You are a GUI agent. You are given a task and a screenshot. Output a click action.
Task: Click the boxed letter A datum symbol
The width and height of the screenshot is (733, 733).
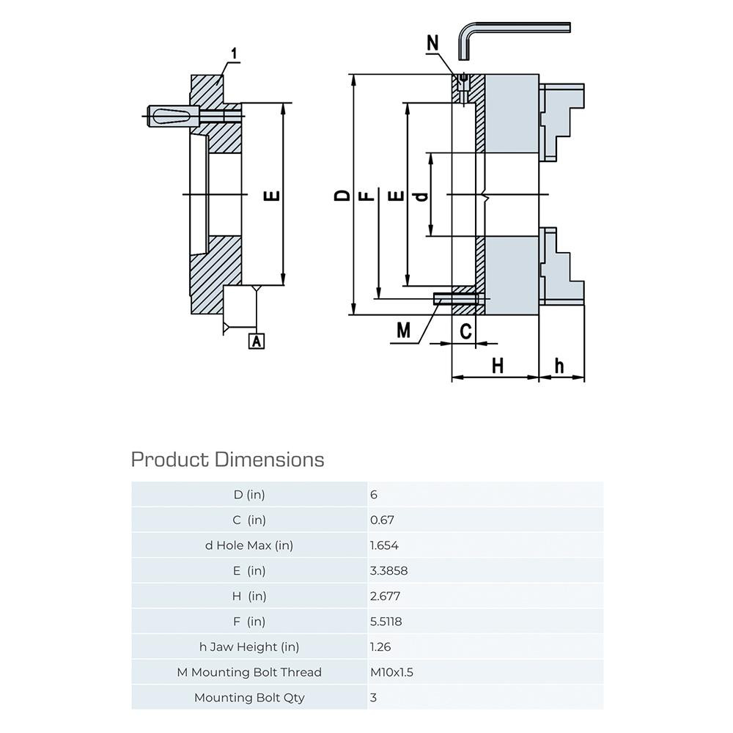click(257, 341)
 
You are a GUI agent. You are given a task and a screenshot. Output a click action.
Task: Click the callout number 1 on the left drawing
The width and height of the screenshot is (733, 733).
click(234, 54)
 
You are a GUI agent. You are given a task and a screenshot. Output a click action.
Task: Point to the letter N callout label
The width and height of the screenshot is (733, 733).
click(433, 43)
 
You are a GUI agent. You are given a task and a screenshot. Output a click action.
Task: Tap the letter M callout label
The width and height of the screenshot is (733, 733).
click(403, 331)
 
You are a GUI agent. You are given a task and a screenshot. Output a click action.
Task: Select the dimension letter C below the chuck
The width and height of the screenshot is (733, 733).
click(466, 331)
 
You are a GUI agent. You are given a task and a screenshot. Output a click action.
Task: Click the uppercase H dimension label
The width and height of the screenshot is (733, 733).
click(498, 365)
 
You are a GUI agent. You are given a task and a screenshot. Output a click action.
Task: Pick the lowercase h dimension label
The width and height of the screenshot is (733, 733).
click(560, 365)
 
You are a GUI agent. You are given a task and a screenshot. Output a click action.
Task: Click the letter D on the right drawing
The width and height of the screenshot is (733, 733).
click(342, 195)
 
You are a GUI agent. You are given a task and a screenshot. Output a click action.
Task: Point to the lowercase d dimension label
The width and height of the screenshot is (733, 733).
click(420, 196)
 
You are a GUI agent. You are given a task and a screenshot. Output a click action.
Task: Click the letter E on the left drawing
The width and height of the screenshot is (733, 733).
click(271, 196)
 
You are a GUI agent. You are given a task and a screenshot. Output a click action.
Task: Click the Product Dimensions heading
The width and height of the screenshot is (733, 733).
click(227, 460)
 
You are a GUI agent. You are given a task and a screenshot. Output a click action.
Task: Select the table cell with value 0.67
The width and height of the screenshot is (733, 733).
click(383, 520)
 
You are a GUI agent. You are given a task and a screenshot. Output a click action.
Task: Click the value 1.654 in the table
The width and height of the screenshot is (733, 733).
click(385, 545)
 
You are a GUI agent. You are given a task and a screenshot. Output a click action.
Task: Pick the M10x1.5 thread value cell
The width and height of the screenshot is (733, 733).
click(392, 672)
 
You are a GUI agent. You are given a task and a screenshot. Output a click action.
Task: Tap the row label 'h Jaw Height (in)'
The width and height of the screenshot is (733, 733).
click(249, 647)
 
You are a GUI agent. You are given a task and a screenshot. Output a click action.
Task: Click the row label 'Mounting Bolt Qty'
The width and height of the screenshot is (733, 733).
click(249, 697)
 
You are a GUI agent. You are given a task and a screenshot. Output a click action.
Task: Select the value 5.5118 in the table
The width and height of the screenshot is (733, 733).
click(386, 622)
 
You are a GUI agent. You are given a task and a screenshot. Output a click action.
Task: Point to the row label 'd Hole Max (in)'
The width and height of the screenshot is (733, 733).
click(249, 545)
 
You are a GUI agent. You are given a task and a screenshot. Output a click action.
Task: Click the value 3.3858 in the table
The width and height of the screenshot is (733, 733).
click(389, 570)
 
